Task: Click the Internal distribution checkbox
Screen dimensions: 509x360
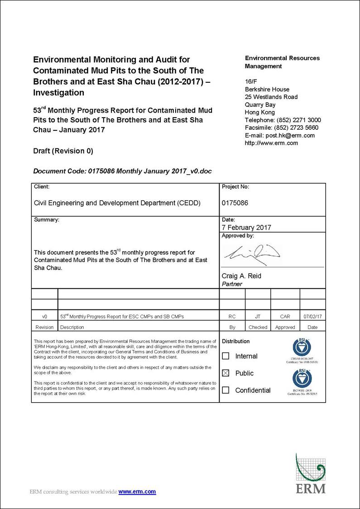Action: click(226, 356)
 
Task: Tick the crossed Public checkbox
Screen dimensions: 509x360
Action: click(226, 373)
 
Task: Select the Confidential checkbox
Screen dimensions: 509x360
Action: click(226, 390)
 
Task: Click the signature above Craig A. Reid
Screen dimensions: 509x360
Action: click(252, 254)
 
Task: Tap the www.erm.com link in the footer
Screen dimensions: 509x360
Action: click(137, 492)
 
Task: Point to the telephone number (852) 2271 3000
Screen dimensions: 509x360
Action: click(299, 120)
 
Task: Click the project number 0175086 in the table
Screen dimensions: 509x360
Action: click(235, 203)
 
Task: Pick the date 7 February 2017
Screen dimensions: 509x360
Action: click(246, 228)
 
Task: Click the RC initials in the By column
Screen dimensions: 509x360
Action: click(232, 317)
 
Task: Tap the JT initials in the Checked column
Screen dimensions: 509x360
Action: click(258, 317)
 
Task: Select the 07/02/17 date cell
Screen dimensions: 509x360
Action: click(312, 317)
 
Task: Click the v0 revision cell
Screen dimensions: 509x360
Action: click(44, 317)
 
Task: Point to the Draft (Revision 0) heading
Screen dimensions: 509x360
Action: click(63, 151)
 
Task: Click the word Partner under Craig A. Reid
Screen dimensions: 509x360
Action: click(232, 284)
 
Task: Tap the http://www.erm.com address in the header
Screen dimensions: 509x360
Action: click(271, 143)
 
